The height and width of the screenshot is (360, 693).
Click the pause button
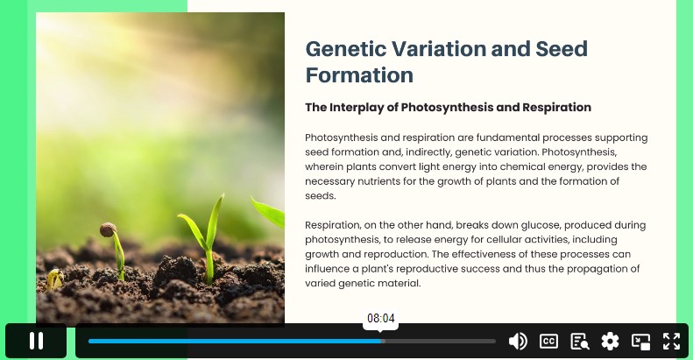(36, 341)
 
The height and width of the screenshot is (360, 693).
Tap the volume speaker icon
(518, 341)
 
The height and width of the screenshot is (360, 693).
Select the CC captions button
(548, 341)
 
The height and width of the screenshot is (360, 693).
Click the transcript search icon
(579, 342)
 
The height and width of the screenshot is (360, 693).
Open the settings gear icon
(610, 342)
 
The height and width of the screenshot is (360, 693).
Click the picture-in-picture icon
(640, 342)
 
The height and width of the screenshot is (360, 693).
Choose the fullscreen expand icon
(671, 342)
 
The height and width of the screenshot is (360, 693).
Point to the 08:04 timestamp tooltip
(380, 318)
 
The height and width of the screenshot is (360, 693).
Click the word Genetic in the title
(346, 48)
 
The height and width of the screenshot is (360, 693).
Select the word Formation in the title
(359, 75)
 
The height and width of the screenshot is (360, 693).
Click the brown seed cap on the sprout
(108, 229)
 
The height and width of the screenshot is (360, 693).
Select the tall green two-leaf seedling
(206, 238)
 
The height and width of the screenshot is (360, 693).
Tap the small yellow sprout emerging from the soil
(55, 279)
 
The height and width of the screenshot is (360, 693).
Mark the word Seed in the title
(562, 48)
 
